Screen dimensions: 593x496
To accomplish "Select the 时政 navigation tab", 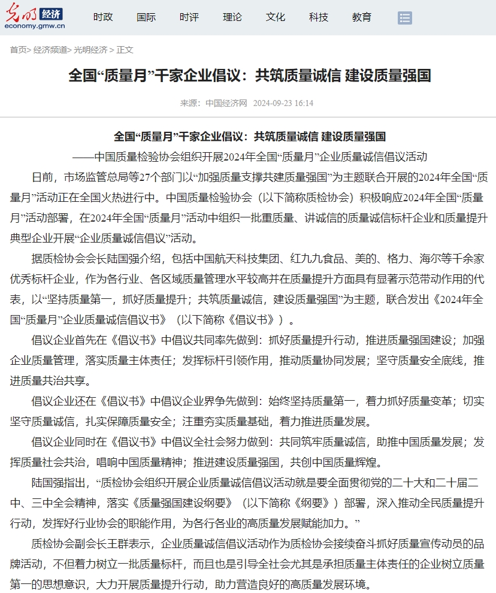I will pos(103,17).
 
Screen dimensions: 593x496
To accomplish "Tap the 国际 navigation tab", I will pos(146,17).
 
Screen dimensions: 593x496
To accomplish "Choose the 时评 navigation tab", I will pos(189,17).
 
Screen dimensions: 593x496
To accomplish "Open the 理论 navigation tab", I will pos(232,17).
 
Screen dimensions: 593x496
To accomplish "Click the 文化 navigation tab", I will pos(276,17).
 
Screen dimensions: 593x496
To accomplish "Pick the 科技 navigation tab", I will pos(319,17).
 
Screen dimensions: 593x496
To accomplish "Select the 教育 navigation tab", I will pos(362,17).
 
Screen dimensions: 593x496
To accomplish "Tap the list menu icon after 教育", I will pos(405,18).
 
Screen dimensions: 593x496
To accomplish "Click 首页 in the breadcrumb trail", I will pos(18,50).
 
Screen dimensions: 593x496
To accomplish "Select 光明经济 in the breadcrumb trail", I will pos(90,50).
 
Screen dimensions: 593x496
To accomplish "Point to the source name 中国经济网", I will pos(226,103).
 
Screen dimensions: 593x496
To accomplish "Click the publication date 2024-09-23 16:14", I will pos(283,103).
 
